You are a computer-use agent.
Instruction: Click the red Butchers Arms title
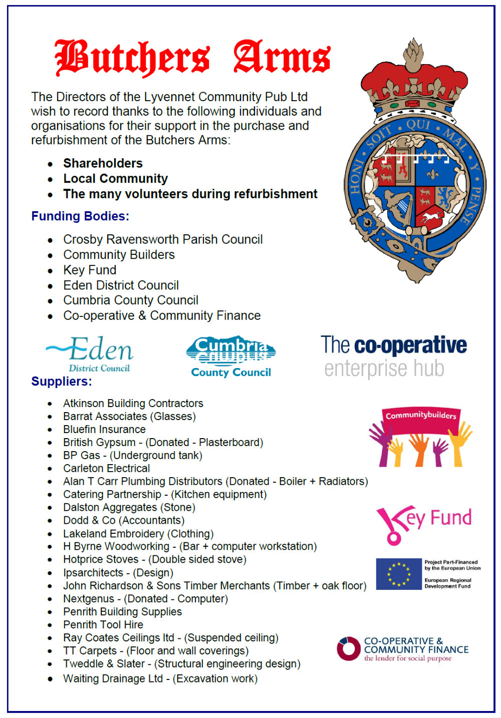(192, 59)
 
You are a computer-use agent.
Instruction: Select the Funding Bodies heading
(80, 216)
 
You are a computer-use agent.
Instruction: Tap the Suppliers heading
(62, 382)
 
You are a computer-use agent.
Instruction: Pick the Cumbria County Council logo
(231, 356)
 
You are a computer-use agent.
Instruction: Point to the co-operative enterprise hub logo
(394, 356)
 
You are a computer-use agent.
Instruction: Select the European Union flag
(398, 574)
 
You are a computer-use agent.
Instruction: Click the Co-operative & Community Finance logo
(403, 649)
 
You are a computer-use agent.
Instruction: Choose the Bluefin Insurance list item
(104, 430)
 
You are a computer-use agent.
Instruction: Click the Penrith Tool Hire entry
(103, 625)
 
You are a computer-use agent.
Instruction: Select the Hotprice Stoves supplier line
(155, 559)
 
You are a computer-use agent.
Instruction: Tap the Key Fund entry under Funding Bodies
(90, 270)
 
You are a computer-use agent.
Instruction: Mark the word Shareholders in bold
(103, 163)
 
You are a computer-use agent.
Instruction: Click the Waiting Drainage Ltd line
(160, 679)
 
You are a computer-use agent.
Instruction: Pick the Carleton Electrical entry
(107, 469)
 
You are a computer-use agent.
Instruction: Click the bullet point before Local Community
(50, 179)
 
